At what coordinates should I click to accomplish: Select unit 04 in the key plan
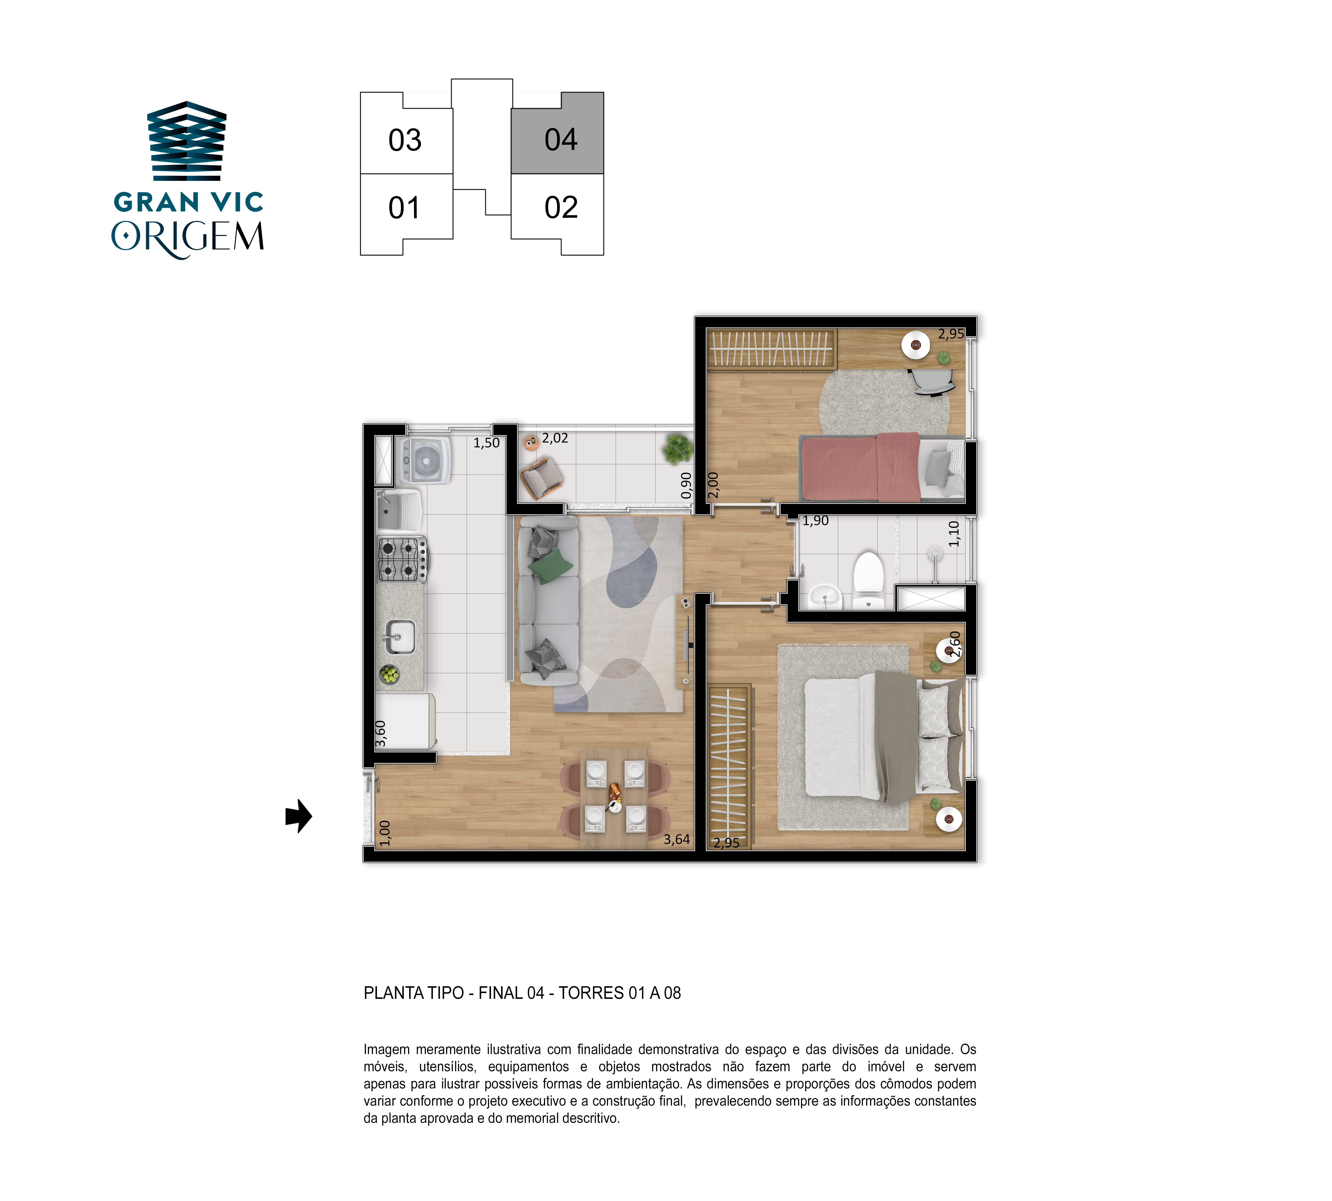pos(558,133)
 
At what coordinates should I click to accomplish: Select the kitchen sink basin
pos(400,637)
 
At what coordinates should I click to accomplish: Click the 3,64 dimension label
pos(677,839)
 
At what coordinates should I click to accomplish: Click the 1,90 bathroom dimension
pos(815,521)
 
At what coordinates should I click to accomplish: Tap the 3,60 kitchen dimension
pos(381,734)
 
